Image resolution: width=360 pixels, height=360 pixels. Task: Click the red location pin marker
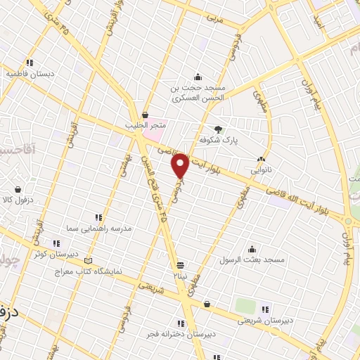(180, 165)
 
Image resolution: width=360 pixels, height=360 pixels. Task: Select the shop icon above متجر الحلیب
(145, 115)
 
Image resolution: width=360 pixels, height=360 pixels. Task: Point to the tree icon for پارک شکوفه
(218, 129)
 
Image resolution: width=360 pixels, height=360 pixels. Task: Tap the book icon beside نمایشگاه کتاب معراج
(88, 261)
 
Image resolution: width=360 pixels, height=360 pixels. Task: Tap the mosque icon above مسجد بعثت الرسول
(252, 248)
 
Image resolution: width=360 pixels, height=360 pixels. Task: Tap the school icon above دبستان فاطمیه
(29, 63)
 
